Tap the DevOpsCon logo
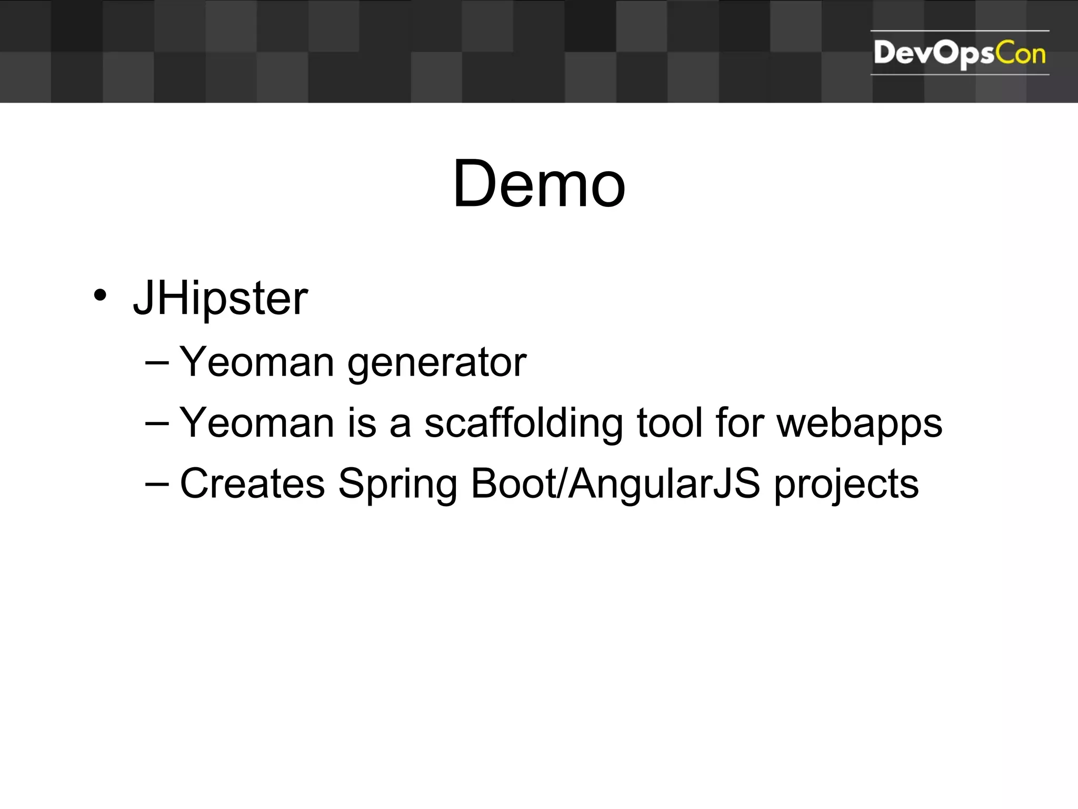point(959,53)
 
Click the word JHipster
point(220,299)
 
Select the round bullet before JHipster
point(99,295)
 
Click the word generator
point(436,363)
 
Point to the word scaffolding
point(524,423)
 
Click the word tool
point(670,422)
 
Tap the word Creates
point(252,483)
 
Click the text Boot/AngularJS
point(615,484)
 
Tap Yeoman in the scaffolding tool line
point(257,423)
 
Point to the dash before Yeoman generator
point(157,362)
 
